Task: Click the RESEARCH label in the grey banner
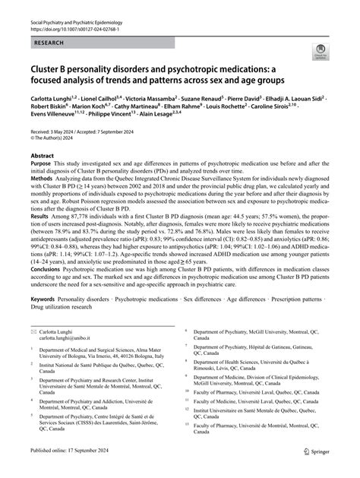[x=49, y=45]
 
